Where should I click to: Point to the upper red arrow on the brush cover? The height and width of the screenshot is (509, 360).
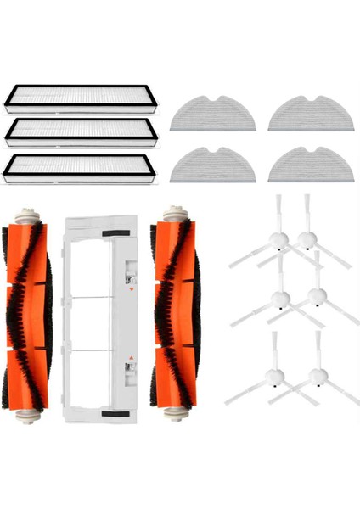click(x=132, y=289)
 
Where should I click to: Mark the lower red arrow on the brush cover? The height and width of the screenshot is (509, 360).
click(x=132, y=357)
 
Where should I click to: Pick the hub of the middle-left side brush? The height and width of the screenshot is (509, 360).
click(x=277, y=297)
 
